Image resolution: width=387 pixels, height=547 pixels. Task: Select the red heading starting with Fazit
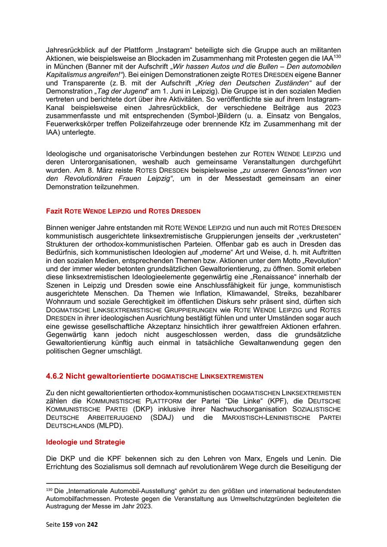tap(123, 211)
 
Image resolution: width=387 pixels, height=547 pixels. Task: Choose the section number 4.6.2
tap(55, 376)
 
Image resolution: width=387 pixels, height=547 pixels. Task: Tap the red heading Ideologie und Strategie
tap(86, 442)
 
